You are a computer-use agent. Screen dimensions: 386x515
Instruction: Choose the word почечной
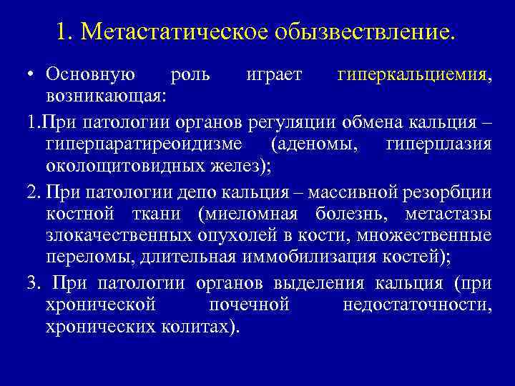[x=249, y=305]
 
